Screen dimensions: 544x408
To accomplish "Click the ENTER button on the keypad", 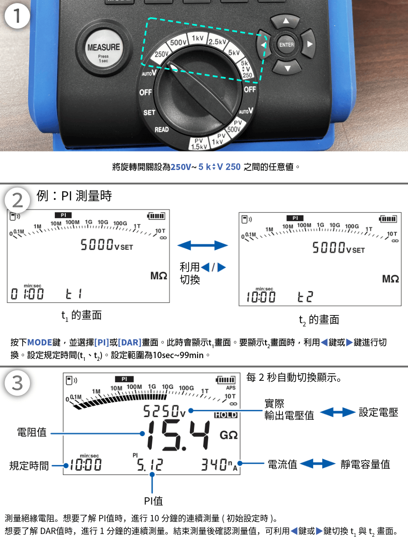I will [286, 44].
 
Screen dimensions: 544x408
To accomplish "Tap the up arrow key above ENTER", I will [286, 21].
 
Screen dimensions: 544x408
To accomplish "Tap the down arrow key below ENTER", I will [287, 68].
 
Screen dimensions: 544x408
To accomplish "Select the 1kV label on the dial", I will [197, 38].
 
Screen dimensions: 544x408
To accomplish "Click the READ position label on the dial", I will [161, 130].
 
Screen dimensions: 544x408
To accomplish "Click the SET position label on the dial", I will [149, 112].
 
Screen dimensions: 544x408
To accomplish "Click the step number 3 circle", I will [17, 384].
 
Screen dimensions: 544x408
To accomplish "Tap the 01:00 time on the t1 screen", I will [28, 294].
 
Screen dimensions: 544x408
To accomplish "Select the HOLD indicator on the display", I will [225, 415].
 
